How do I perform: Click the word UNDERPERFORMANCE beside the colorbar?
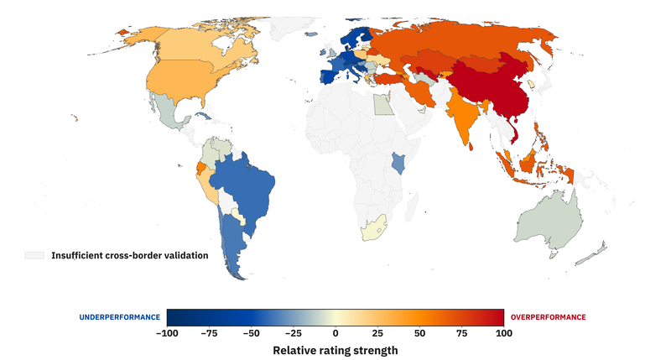click(119, 317)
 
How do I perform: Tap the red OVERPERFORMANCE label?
click(548, 317)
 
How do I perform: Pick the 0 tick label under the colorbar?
click(335, 333)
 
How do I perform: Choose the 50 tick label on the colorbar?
click(419, 333)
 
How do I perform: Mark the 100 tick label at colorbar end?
click(502, 333)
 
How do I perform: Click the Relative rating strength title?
click(335, 350)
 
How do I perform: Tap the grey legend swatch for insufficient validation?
click(34, 255)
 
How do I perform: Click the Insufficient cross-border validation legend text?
click(129, 255)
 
